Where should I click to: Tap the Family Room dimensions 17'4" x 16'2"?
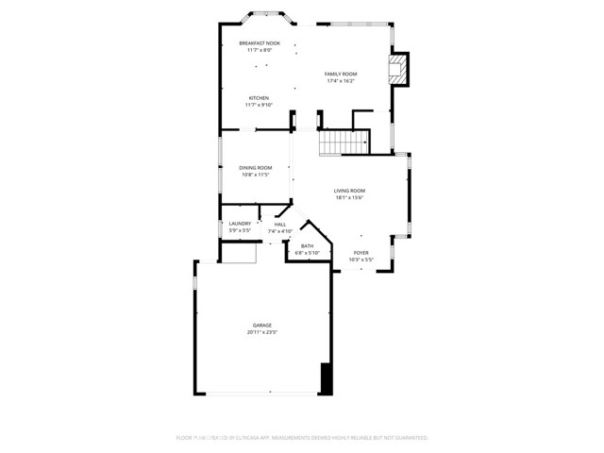pos(341,81)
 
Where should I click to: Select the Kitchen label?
pos(259,98)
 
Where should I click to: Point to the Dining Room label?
pos(255,167)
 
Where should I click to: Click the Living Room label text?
pos(348,191)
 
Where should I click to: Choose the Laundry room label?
pos(240,224)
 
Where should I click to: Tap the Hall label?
pos(280,224)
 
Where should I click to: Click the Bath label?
pos(308,245)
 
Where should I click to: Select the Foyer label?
pos(361,252)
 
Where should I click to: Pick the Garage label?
pos(261,325)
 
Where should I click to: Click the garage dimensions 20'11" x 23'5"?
pos(261,332)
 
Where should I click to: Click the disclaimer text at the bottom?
pos(302,438)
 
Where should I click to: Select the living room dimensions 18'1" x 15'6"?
pos(348,198)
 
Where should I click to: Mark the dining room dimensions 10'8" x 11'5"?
pos(255,175)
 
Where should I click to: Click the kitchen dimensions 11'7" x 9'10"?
pos(259,106)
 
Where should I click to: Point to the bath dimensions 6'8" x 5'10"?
pos(308,253)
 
